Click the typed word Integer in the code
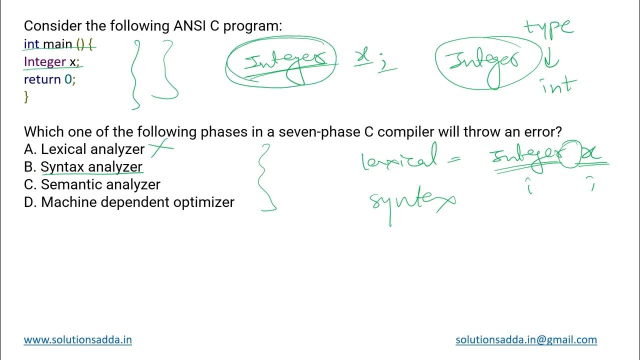[45, 61]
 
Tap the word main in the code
[57, 44]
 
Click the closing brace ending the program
[26, 97]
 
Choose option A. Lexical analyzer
[84, 149]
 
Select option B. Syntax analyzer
[91, 167]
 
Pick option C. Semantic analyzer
[92, 184]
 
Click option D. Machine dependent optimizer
[129, 202]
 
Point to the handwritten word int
[559, 85]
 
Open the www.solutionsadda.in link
[78, 340]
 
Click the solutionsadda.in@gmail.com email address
[526, 340]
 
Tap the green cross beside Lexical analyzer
[161, 146]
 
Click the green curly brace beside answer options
[266, 177]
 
